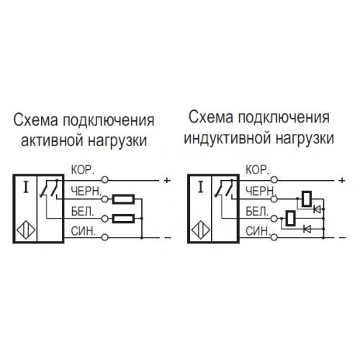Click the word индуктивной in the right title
pyautogui.click(x=228, y=138)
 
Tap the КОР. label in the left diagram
pyautogui.click(x=83, y=170)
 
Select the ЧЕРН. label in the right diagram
pyautogui.click(x=261, y=192)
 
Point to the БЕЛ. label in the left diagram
pyautogui.click(x=83, y=212)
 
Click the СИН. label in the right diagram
pyautogui.click(x=258, y=231)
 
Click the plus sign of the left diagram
pyautogui.click(x=167, y=180)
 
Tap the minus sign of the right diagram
pyautogui.click(x=342, y=238)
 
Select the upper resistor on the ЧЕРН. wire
pyautogui.click(x=123, y=199)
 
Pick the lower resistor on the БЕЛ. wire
pyautogui.click(x=123, y=218)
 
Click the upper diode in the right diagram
pyautogui.click(x=317, y=210)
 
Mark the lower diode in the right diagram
pyautogui.click(x=307, y=229)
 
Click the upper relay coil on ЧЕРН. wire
pyautogui.click(x=307, y=199)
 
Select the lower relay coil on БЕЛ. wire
pyautogui.click(x=290, y=218)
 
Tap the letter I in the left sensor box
pyautogui.click(x=26, y=187)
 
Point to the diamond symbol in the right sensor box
pyautogui.click(x=201, y=230)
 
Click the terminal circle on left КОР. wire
pyautogui.click(x=104, y=180)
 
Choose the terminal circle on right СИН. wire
pyautogui.click(x=274, y=238)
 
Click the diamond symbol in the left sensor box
pyautogui.click(x=26, y=230)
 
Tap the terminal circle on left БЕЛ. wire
pyautogui.click(x=104, y=218)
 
